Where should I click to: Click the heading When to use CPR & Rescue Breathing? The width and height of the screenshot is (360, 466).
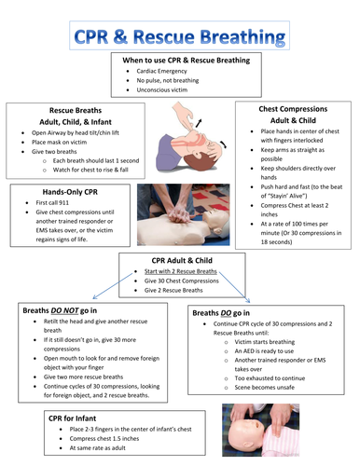click(x=187, y=61)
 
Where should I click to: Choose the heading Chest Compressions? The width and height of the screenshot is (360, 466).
click(x=296, y=110)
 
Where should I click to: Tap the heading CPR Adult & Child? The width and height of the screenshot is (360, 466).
click(x=183, y=261)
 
